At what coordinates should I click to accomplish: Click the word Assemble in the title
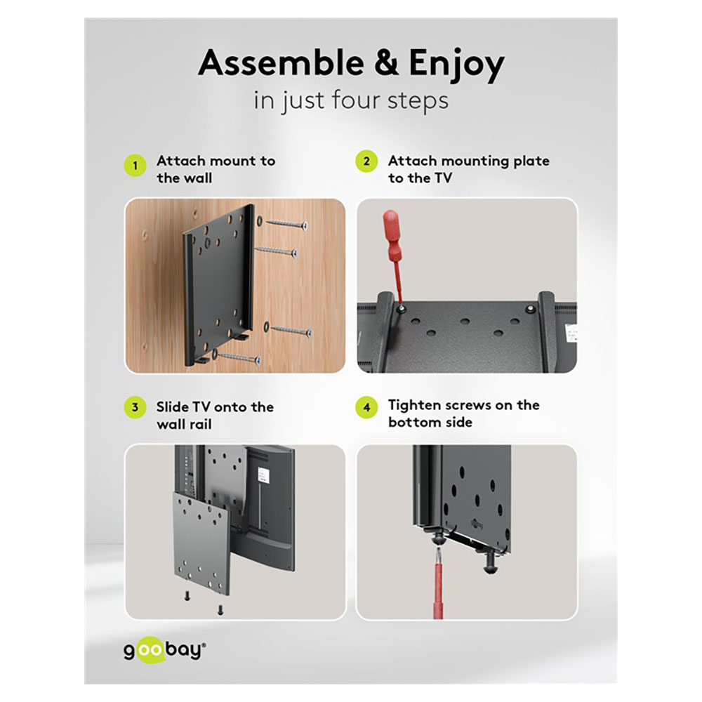click(282, 62)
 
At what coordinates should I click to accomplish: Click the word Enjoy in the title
click(457, 65)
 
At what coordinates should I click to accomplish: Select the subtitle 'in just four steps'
click(351, 100)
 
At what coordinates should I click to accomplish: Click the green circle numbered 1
click(135, 166)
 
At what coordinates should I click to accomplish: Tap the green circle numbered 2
click(366, 161)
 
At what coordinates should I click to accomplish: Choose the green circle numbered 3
click(135, 407)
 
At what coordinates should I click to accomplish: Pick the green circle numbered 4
click(366, 407)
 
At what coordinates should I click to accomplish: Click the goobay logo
click(165, 651)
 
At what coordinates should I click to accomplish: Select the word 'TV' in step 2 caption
click(443, 178)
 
